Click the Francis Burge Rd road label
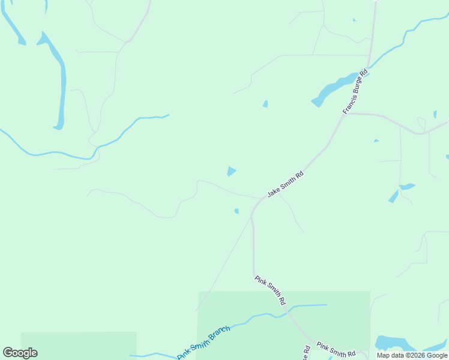click(x=355, y=92)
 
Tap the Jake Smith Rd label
click(x=286, y=184)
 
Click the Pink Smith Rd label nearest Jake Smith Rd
click(x=270, y=290)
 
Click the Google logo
click(x=20, y=353)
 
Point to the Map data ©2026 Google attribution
click(x=412, y=355)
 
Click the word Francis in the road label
click(x=350, y=103)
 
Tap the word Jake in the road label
click(x=274, y=191)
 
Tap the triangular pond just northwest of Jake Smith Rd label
click(x=231, y=172)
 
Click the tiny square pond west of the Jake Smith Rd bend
click(x=237, y=211)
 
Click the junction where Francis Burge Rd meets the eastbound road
click(x=347, y=113)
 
